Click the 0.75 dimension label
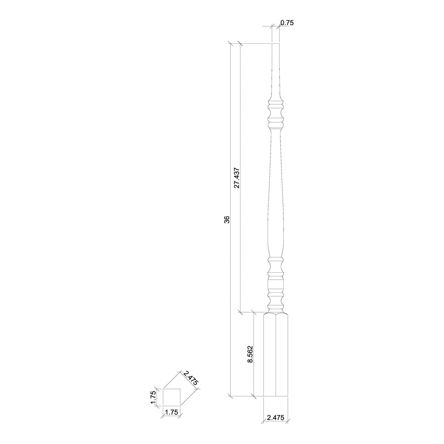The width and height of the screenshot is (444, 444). click(x=287, y=23)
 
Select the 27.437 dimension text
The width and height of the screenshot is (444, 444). click(x=237, y=178)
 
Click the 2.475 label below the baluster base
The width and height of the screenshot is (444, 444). click(x=275, y=418)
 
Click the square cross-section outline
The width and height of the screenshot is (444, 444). click(x=171, y=398)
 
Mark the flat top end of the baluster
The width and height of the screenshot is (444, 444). click(x=275, y=44)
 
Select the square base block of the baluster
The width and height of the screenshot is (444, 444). click(x=276, y=357)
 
